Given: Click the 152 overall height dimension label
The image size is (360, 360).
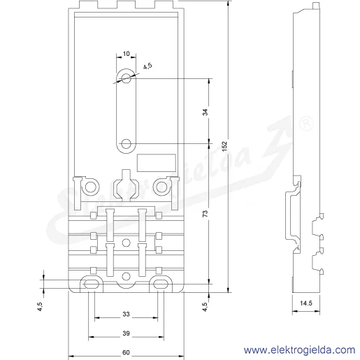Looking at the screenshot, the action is pos(224,146).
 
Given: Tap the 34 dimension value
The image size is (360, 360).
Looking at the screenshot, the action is pos(206,112).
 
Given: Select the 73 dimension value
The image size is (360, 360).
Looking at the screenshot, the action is pos(206,214).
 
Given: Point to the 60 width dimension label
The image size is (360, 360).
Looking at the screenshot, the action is pos(126,352).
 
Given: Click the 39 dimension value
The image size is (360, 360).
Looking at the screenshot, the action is pos(126,333).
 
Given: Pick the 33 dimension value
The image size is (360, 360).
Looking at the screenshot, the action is pos(126,314).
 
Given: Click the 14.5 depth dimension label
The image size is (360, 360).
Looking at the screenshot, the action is pos(306,303).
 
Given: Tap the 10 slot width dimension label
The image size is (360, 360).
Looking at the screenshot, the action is pos(126,54).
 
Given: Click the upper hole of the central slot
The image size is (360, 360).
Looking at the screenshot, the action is pos(126,78).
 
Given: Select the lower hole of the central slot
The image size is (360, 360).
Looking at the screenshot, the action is pos(126,144).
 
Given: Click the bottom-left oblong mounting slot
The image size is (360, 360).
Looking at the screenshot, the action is pos(92,284).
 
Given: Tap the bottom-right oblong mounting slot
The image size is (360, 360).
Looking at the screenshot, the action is pos(161,284).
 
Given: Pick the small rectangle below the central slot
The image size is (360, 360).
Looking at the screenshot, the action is pos(156,163).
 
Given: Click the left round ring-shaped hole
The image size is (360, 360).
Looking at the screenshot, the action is pos(90,187).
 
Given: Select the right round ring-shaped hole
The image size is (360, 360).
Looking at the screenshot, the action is pos(161,187).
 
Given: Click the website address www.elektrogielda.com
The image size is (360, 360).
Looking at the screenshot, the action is pos(299,350).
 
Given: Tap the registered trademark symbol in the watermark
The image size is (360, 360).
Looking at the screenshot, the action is pos(306,124).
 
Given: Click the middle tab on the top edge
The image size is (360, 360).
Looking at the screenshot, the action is pos(126,5).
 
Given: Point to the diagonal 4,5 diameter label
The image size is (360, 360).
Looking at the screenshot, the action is pos(147,66).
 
